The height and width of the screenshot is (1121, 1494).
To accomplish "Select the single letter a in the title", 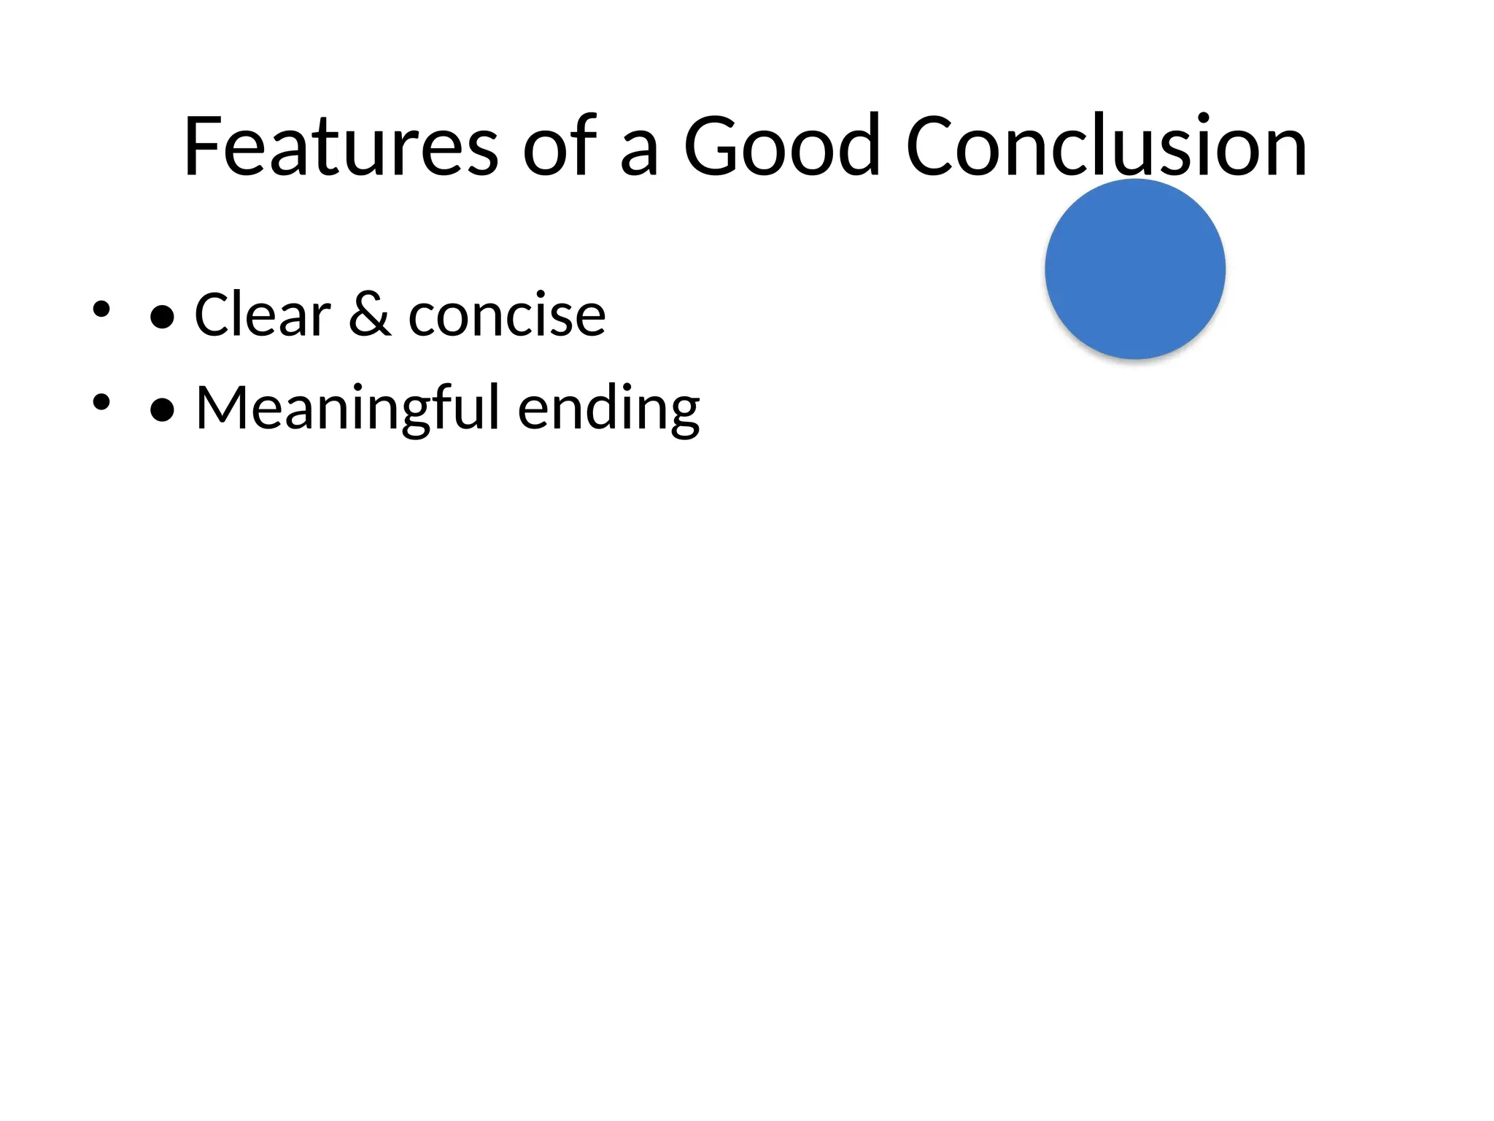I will (640, 155).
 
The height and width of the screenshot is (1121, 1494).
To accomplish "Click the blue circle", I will (1135, 269).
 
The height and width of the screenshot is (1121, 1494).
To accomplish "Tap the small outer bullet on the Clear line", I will (101, 309).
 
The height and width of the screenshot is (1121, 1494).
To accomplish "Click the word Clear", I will (263, 315).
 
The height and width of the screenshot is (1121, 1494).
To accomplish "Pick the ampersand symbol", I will (369, 315).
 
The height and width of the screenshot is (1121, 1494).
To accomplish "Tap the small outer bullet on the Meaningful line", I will (101, 401).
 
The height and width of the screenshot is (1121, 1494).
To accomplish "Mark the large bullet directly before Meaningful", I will (162, 410).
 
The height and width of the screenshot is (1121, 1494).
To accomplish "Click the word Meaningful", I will (348, 408).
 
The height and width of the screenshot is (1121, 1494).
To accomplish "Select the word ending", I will (609, 409).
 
